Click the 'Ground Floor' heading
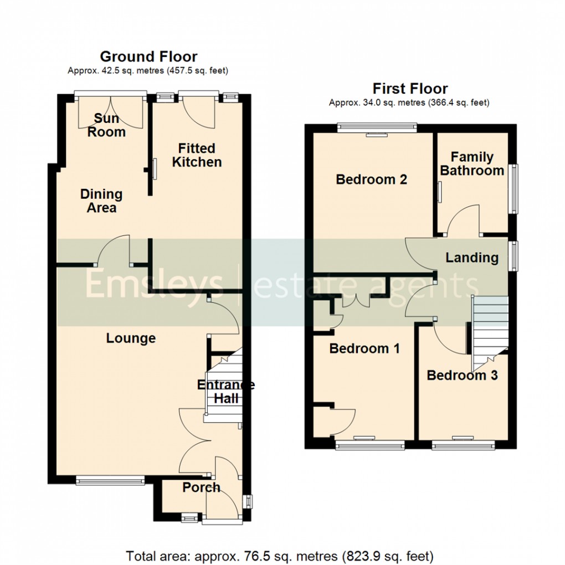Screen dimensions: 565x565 tap(148, 56)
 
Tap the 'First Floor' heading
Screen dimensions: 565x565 tap(410, 89)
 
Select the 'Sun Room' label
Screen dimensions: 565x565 tap(109, 125)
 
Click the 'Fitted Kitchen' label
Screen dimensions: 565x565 tap(197, 155)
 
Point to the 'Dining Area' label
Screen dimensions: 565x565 tap(101, 201)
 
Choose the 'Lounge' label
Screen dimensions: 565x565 tap(131, 338)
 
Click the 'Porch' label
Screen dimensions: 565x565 tap(201, 487)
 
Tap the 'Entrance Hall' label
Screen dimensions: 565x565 tap(226, 392)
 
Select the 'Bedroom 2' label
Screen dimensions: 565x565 tap(372, 179)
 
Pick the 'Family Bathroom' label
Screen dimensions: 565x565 tap(472, 164)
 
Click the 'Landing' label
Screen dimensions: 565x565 tap(472, 258)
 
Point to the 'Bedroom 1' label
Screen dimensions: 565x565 tap(364, 348)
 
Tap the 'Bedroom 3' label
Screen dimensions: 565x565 tap(462, 375)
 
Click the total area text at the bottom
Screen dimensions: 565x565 tap(280, 555)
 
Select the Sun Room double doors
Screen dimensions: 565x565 tap(111, 111)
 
